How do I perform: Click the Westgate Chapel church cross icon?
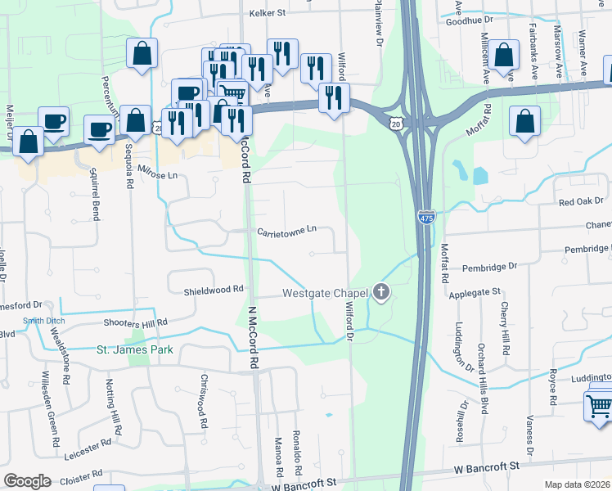[x=380, y=291]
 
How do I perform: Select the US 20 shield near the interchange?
[x=396, y=122]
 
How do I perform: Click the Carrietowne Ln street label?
[x=286, y=232]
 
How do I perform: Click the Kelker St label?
[x=266, y=13]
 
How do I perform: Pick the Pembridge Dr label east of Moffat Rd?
[x=489, y=267]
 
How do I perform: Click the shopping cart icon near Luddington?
[x=598, y=403]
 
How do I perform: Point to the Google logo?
[x=28, y=481]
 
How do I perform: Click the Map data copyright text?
[x=578, y=484]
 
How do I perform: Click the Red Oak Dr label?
[x=581, y=200]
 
